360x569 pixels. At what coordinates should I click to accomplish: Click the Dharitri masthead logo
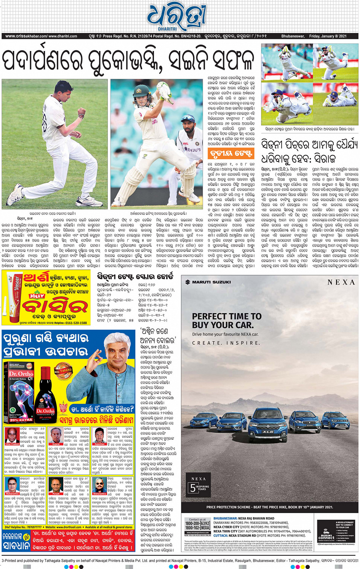(x=176, y=17)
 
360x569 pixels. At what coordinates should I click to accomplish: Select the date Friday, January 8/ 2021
(x=328, y=37)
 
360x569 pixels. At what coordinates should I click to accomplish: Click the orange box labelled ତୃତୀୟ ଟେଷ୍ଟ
(x=231, y=153)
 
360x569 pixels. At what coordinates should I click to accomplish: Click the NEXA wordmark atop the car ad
(x=341, y=282)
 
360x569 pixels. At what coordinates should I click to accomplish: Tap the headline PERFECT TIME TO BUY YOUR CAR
(x=226, y=321)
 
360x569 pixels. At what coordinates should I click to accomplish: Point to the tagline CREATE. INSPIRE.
(x=226, y=343)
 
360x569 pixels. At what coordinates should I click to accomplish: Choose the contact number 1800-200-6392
(x=197, y=523)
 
